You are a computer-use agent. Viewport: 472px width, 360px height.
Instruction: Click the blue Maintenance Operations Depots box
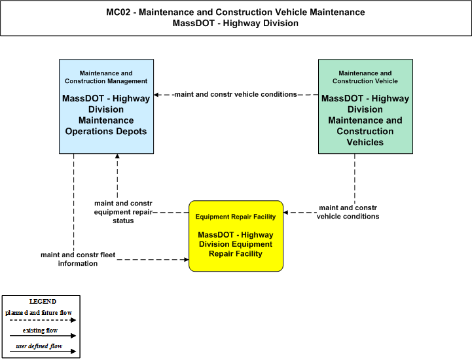tap(106, 106)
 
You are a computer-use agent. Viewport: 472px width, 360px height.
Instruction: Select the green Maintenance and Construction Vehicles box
tap(365, 106)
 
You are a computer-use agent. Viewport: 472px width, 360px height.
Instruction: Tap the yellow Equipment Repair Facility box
tap(236, 236)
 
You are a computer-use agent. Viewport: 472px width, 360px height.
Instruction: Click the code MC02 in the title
tap(118, 12)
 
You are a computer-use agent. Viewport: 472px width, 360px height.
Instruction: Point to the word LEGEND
tap(43, 302)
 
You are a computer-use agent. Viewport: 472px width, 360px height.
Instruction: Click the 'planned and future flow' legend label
tap(39, 313)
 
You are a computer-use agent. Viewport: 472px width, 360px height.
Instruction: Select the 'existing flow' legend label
tap(40, 331)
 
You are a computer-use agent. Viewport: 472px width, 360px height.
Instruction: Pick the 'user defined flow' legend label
tap(39, 346)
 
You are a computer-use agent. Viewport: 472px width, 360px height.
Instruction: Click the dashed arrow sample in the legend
tap(43, 320)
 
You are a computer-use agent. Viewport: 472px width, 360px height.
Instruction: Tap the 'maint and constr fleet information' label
tap(78, 259)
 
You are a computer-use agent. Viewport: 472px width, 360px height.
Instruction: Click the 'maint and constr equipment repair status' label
tap(123, 212)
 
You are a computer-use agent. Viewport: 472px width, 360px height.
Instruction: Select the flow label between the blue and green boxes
tap(236, 94)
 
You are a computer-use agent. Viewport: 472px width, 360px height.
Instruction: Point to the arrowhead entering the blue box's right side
tap(156, 95)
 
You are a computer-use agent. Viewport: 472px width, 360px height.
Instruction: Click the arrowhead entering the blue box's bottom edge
tap(117, 156)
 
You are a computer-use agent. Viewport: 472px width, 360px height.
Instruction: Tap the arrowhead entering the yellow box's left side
tap(187, 259)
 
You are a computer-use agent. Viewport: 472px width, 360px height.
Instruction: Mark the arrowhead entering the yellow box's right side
tap(285, 213)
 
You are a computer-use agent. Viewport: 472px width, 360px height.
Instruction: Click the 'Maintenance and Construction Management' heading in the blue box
tap(106, 77)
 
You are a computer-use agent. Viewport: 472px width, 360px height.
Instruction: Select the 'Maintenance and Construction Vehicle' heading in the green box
tap(365, 77)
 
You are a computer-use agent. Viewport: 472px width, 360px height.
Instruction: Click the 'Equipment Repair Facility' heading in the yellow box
tap(236, 217)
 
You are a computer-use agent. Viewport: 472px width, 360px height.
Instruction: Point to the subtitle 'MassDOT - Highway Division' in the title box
tap(236, 23)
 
